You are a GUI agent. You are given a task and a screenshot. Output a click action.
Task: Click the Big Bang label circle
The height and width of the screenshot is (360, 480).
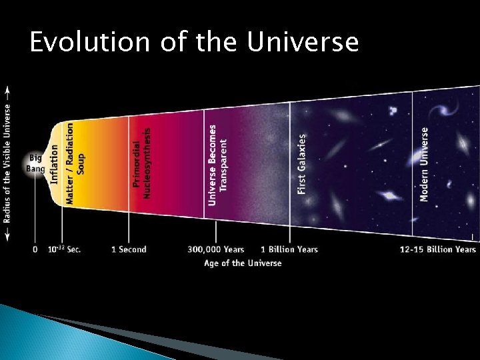tap(35, 163)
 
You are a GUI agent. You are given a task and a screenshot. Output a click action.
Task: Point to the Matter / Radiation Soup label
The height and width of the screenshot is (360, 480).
tap(75, 162)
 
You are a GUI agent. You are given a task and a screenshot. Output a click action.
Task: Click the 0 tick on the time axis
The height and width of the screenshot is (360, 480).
tap(35, 249)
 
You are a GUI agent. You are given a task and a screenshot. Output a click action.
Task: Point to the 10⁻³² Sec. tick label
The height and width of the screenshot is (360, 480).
tap(65, 249)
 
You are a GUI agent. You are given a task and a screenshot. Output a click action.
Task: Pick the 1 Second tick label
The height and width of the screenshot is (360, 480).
tap(129, 249)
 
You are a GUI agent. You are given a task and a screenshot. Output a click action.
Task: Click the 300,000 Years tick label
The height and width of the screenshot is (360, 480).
tap(216, 249)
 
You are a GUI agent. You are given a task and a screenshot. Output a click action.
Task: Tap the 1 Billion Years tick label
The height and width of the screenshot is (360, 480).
tap(289, 249)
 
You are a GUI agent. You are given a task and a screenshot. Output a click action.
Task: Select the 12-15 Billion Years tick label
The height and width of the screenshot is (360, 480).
tap(438, 249)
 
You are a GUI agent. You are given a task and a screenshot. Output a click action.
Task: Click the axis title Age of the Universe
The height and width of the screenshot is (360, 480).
tap(243, 263)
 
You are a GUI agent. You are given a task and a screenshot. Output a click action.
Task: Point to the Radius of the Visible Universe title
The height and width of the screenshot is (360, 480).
tap(7, 163)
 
